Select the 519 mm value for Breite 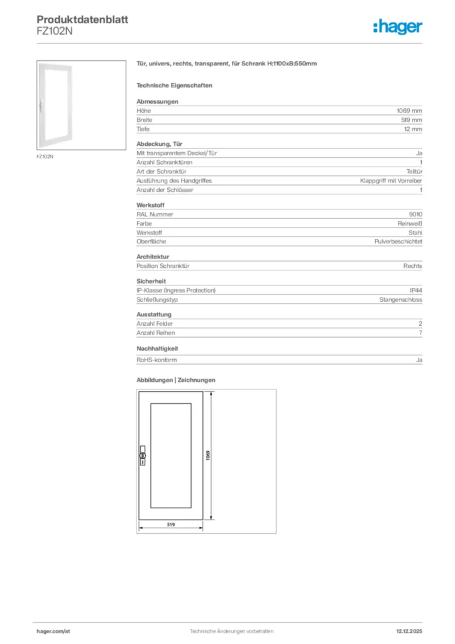(x=412, y=119)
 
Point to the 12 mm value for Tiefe (x=413, y=129)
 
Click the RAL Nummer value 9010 (x=415, y=214)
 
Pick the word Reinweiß (x=410, y=223)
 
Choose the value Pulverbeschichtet (x=398, y=241)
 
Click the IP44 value (x=415, y=291)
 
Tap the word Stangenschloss (x=400, y=300)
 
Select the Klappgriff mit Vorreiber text (x=391, y=180)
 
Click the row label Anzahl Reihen (x=156, y=333)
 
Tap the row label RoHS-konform (x=156, y=360)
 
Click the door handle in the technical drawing (x=142, y=455)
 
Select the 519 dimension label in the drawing (x=170, y=524)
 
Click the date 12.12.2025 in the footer (x=408, y=630)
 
